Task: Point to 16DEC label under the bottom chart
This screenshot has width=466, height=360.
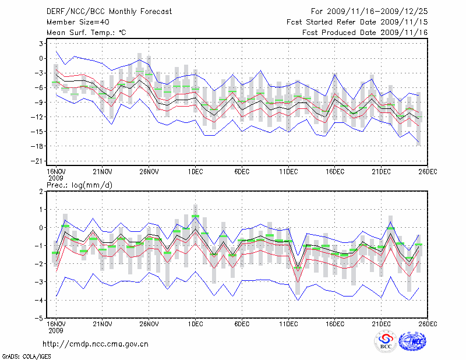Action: pyautogui.click(x=335, y=323)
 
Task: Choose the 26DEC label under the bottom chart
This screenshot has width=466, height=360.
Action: pyautogui.click(x=428, y=323)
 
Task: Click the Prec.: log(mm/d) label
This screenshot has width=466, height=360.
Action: pyautogui.click(x=76, y=185)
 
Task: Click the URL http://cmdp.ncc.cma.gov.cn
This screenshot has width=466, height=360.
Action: pyautogui.click(x=96, y=344)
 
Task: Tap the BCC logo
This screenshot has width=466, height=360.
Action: pyautogui.click(x=386, y=342)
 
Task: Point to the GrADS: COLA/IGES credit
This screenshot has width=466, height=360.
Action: pyautogui.click(x=21, y=355)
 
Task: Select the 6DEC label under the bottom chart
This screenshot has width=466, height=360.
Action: pyautogui.click(x=242, y=323)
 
